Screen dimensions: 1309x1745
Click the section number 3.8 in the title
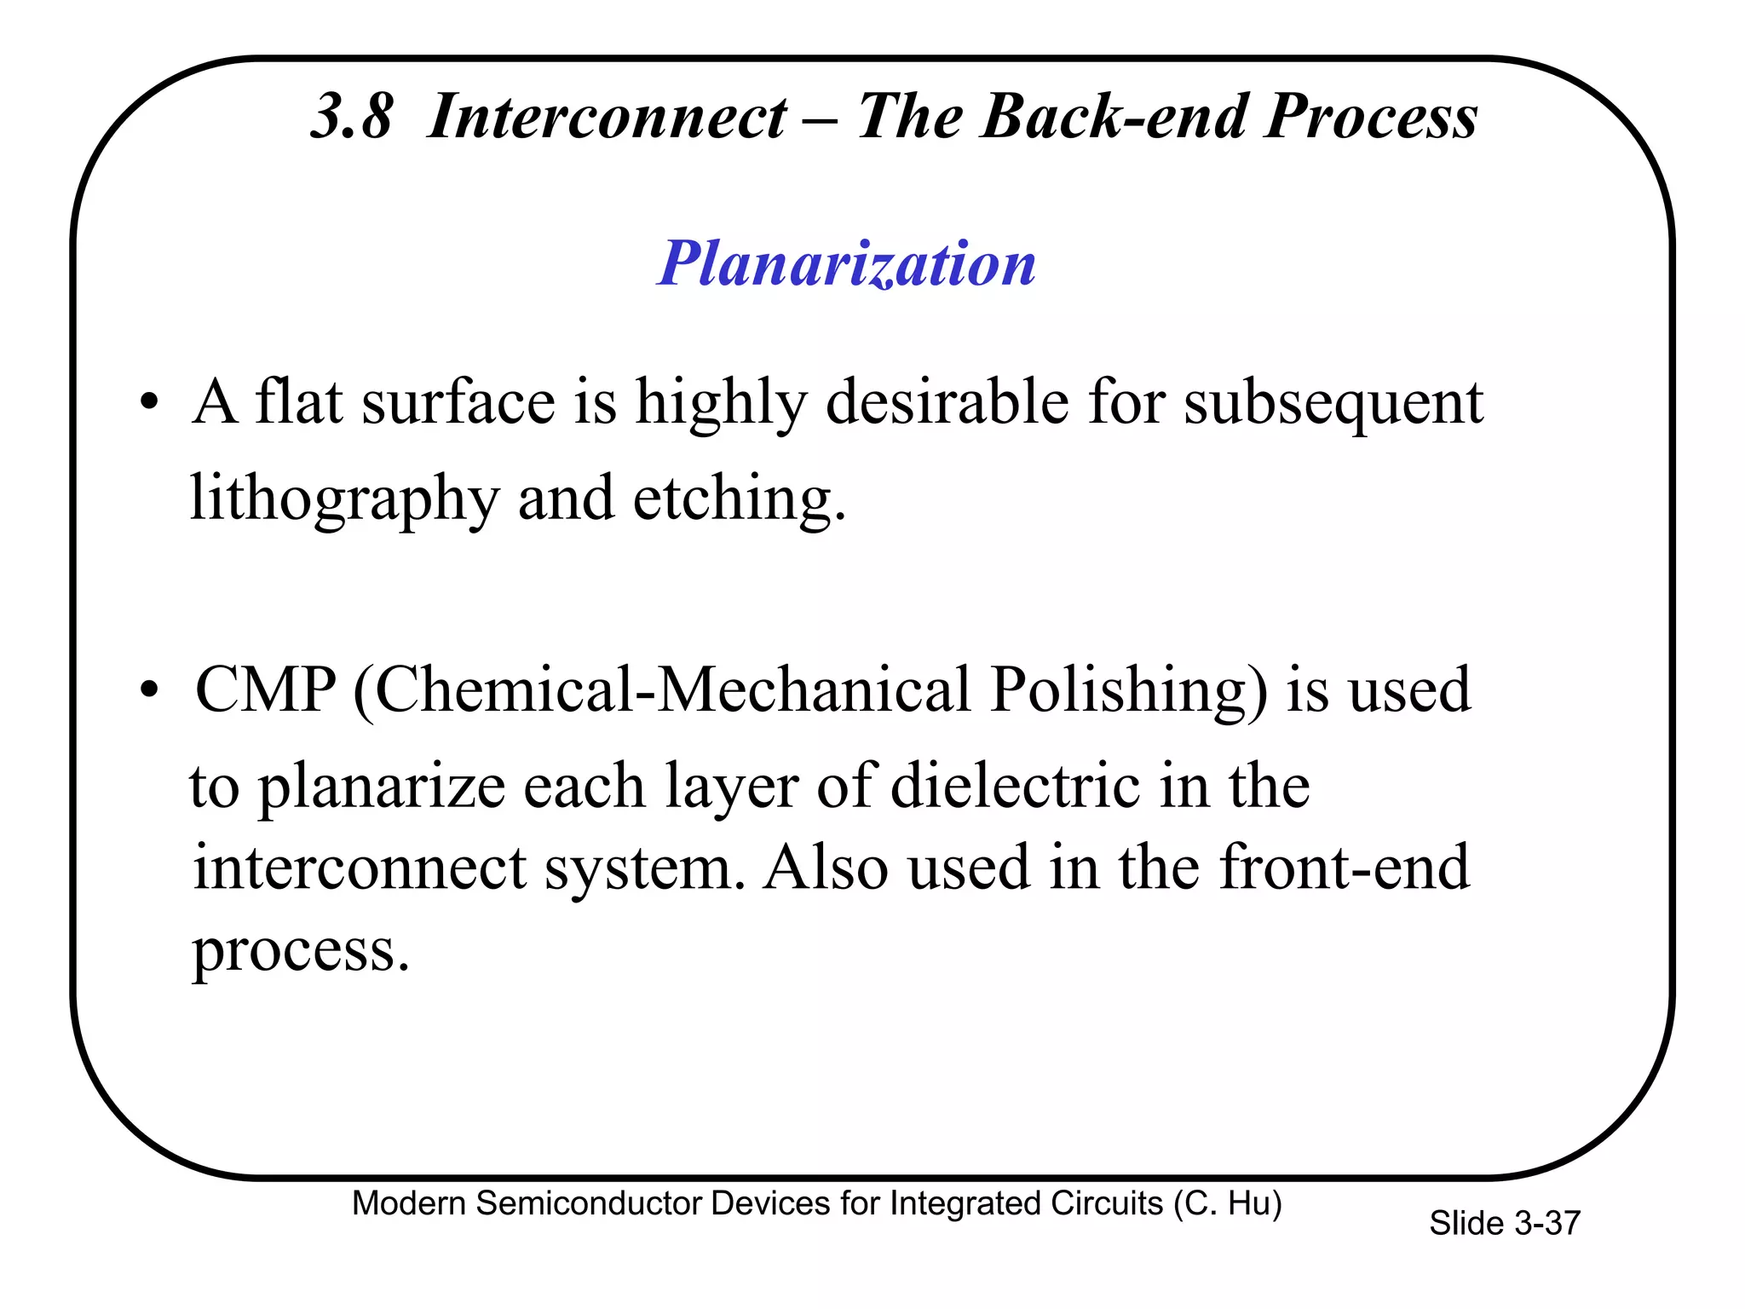coord(351,117)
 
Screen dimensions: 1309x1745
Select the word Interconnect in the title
coord(607,117)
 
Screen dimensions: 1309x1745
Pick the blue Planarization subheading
coord(847,263)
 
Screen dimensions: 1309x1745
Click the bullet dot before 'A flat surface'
coord(150,402)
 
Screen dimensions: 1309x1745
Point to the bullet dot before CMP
coord(150,690)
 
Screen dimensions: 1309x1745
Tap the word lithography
coord(343,499)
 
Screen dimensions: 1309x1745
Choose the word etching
coord(738,499)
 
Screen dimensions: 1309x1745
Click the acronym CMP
coord(266,689)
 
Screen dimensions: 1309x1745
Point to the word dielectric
coord(1015,785)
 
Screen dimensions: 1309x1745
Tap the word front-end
coord(1345,868)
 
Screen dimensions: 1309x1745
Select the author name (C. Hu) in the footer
coord(1227,1203)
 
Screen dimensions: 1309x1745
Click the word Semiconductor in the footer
coord(589,1203)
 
